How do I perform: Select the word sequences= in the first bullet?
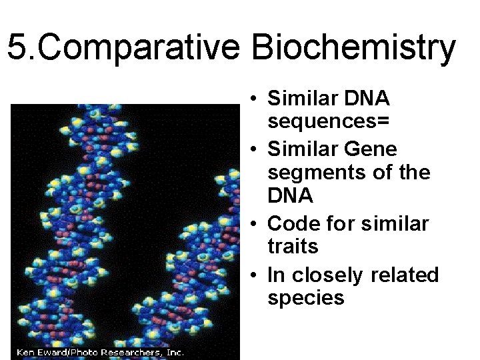pyautogui.click(x=329, y=122)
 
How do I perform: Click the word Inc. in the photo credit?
pyautogui.click(x=173, y=352)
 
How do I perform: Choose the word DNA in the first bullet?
pyautogui.click(x=366, y=98)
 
